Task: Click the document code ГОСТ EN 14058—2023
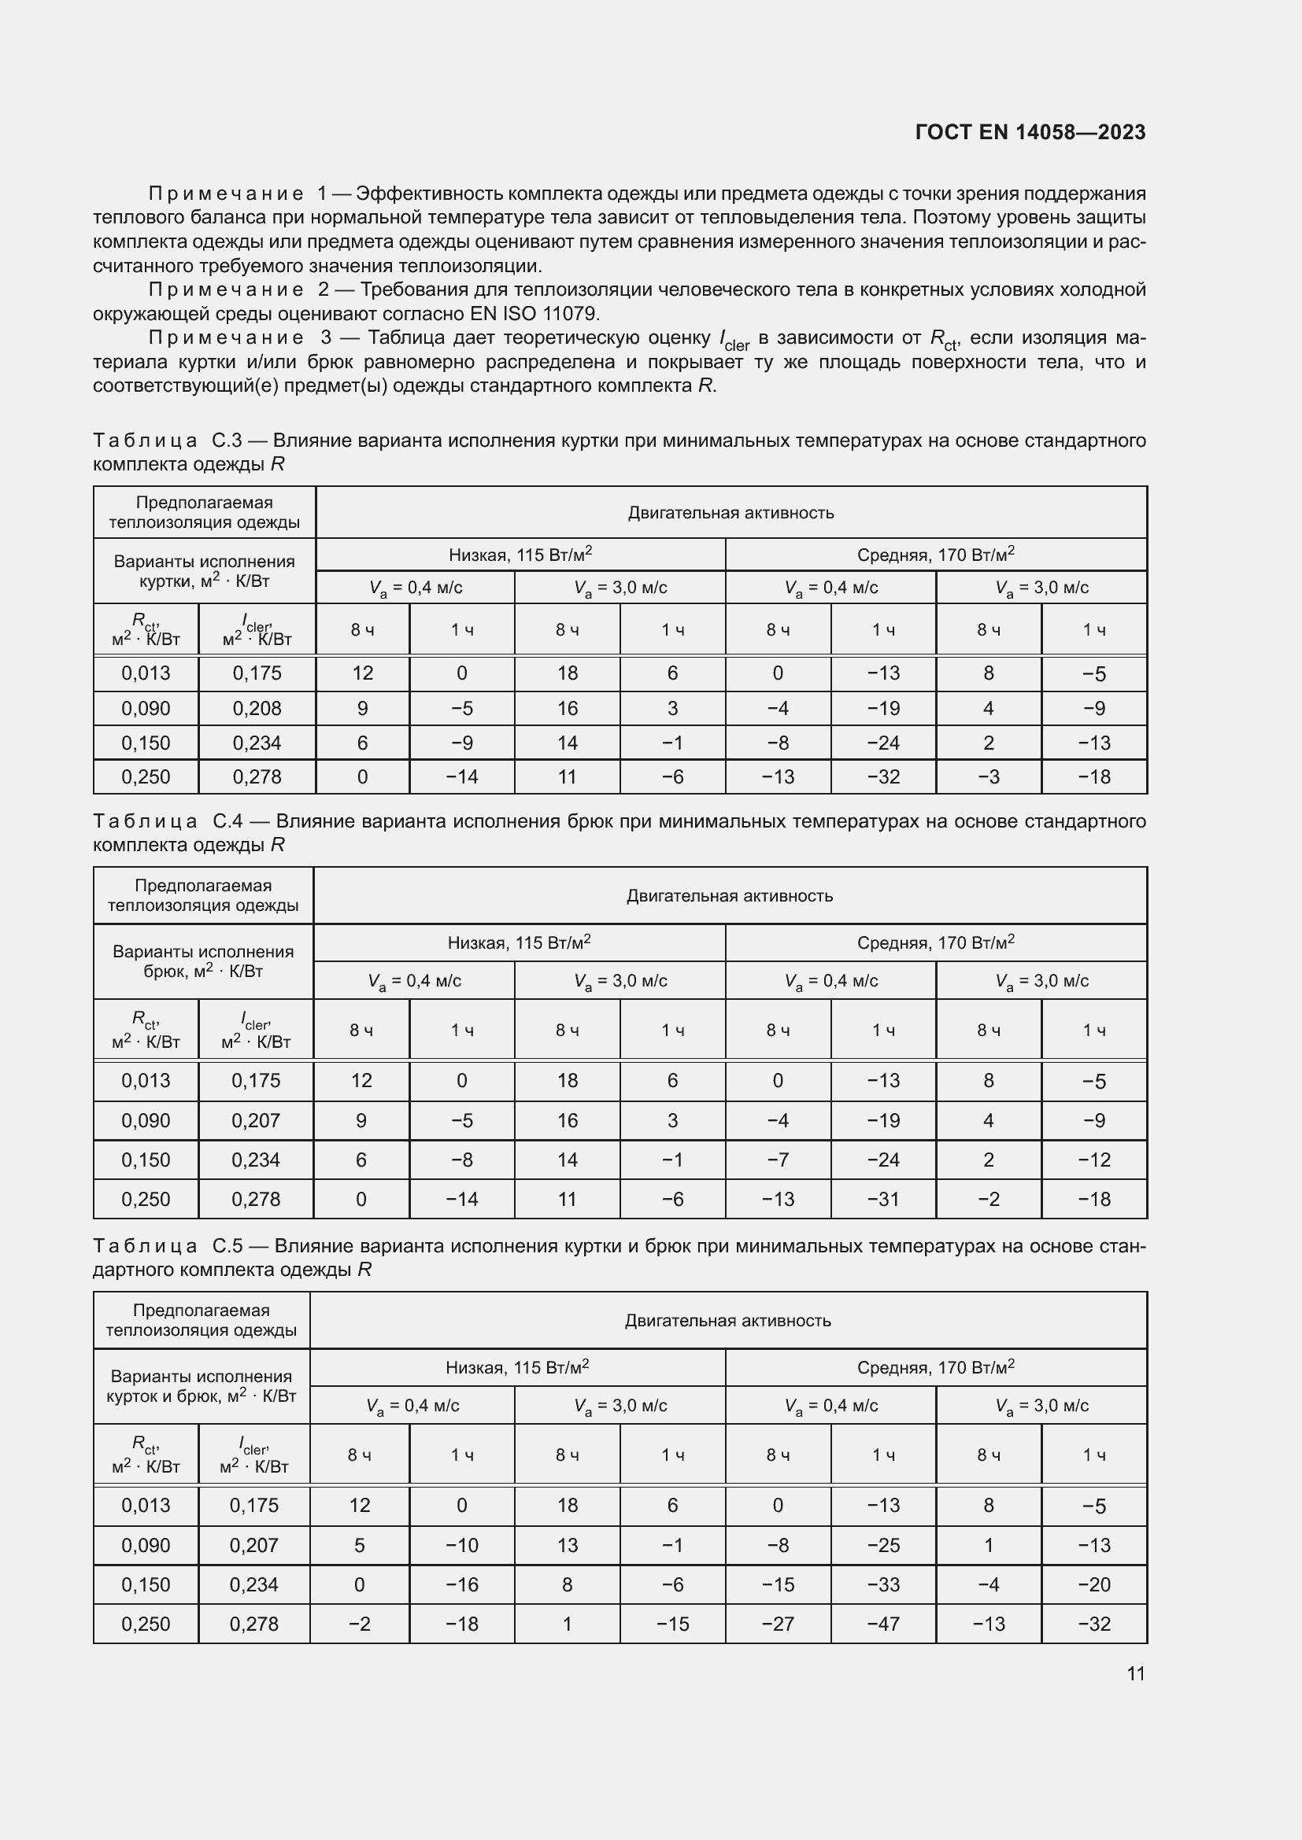tap(1030, 132)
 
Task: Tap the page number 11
tap(1135, 1673)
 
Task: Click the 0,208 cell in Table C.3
tap(257, 709)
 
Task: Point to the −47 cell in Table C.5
tap(882, 1624)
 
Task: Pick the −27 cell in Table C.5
tap(778, 1624)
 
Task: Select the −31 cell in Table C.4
tap(882, 1199)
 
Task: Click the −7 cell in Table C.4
tap(778, 1160)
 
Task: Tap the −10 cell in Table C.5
tap(462, 1545)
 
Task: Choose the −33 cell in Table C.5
tap(882, 1584)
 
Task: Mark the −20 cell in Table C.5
tap(1093, 1584)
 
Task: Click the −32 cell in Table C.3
tap(882, 776)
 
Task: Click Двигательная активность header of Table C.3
tap(731, 513)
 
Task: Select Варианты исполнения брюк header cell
tap(203, 961)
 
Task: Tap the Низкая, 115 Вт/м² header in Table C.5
tap(517, 1367)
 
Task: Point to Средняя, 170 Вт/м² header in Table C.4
tap(936, 942)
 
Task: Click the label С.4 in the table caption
tap(227, 821)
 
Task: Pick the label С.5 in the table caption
tap(227, 1246)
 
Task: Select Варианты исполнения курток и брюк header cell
tap(202, 1385)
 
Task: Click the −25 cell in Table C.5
tap(882, 1545)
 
